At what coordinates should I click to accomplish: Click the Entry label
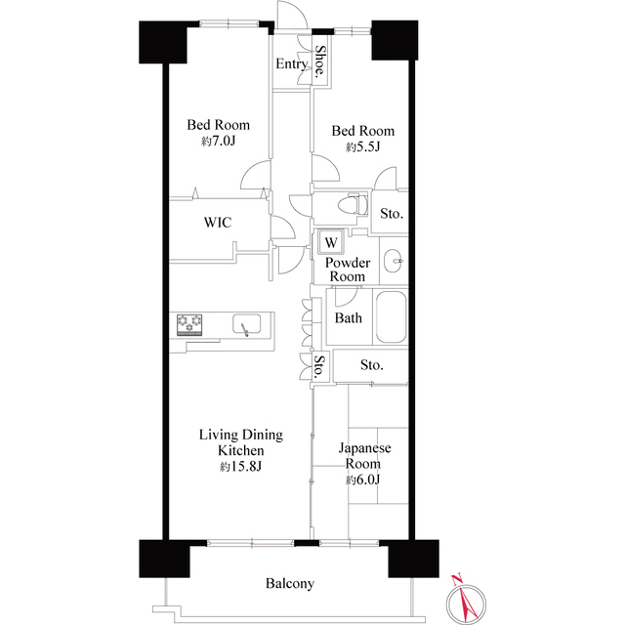[292, 64]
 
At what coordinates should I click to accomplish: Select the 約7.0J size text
[219, 142]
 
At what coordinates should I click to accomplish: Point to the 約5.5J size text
[361, 147]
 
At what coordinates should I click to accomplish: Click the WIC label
[217, 223]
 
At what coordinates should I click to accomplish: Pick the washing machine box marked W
[331, 241]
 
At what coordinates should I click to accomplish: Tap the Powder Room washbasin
[393, 260]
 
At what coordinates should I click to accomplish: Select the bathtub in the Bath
[391, 316]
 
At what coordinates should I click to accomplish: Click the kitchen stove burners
[189, 323]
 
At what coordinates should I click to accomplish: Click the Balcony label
[290, 584]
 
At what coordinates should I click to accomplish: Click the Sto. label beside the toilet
[392, 213]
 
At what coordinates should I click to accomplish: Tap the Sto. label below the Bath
[371, 365]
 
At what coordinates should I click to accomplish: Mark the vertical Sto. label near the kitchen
[319, 367]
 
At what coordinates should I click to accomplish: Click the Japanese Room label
[364, 457]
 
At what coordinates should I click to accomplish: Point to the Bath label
[349, 318]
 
